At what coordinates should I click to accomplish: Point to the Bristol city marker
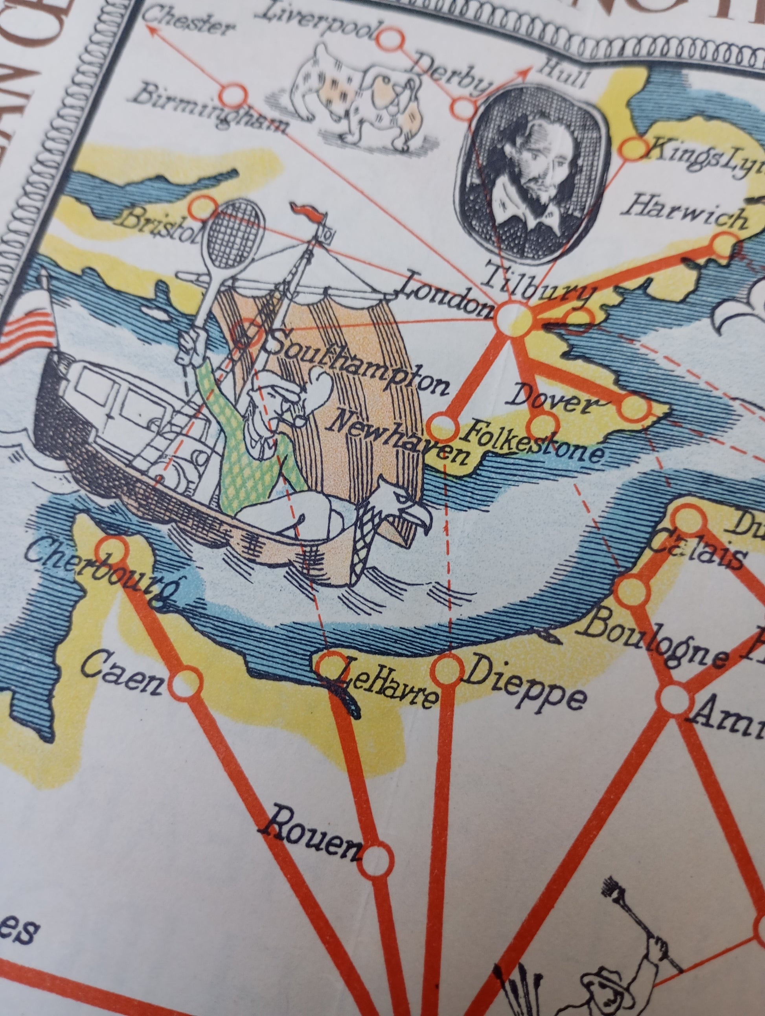[x=204, y=207]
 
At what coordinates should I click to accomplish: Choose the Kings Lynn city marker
[x=634, y=148]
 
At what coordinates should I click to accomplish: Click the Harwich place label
[x=684, y=215]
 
